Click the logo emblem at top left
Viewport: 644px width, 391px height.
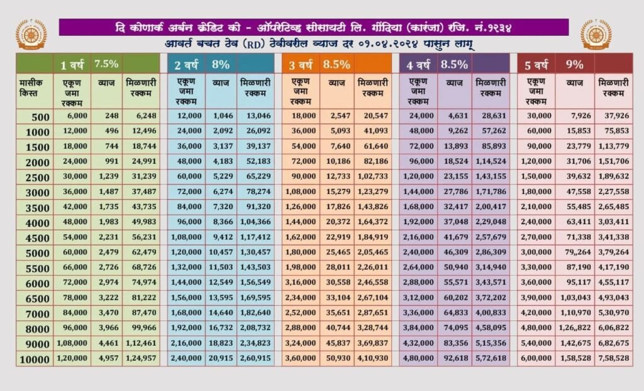[31, 35]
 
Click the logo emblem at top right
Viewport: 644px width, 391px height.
[596, 35]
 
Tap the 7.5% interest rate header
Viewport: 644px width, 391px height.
[106, 64]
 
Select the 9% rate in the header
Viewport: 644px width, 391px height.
[575, 64]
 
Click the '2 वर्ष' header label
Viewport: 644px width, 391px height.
[186, 64]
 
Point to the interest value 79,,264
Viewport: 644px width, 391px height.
[575, 252]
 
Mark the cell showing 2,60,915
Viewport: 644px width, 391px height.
[255, 358]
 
